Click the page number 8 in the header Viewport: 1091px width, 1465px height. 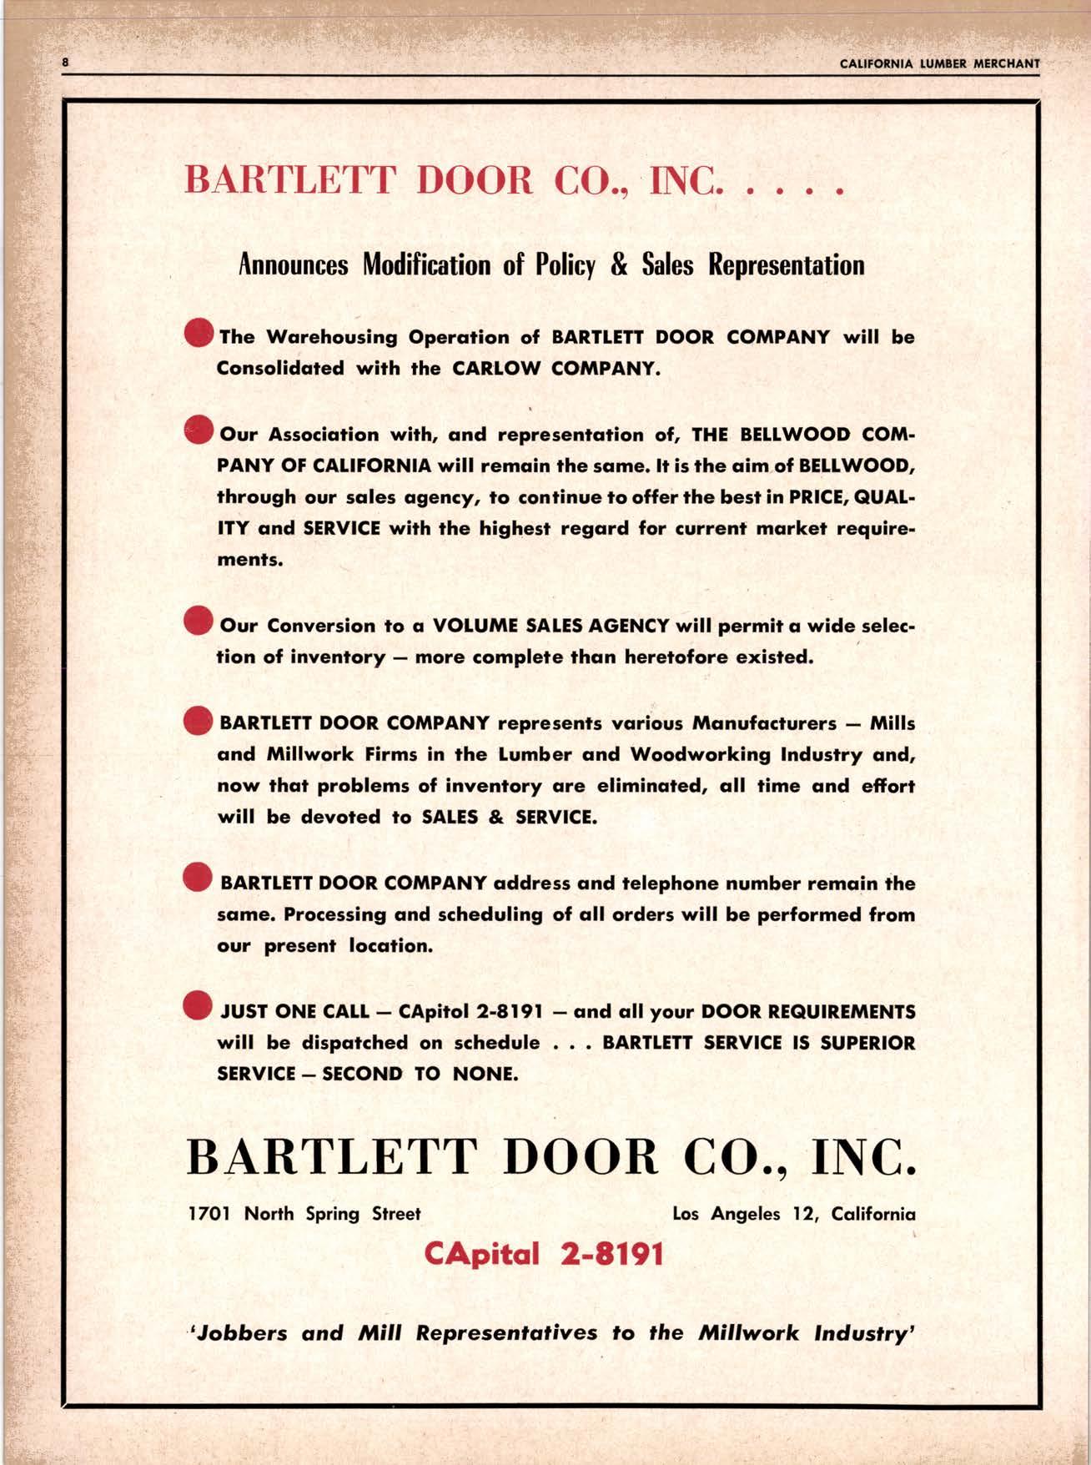tap(65, 63)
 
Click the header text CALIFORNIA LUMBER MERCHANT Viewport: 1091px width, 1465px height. tap(939, 63)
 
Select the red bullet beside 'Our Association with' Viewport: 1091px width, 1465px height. tap(199, 430)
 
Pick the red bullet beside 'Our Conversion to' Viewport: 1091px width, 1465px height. tap(199, 622)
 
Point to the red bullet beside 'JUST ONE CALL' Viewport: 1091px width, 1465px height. tap(199, 1006)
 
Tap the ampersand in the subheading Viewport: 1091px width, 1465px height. tap(619, 264)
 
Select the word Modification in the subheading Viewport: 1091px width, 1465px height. tap(426, 264)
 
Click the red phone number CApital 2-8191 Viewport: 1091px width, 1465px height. tap(544, 1253)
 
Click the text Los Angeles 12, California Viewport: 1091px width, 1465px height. tap(793, 1214)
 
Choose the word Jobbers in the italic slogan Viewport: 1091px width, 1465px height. tap(239, 1332)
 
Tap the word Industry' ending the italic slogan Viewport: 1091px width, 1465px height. tap(867, 1332)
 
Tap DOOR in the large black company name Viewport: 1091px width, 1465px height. tap(581, 1158)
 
